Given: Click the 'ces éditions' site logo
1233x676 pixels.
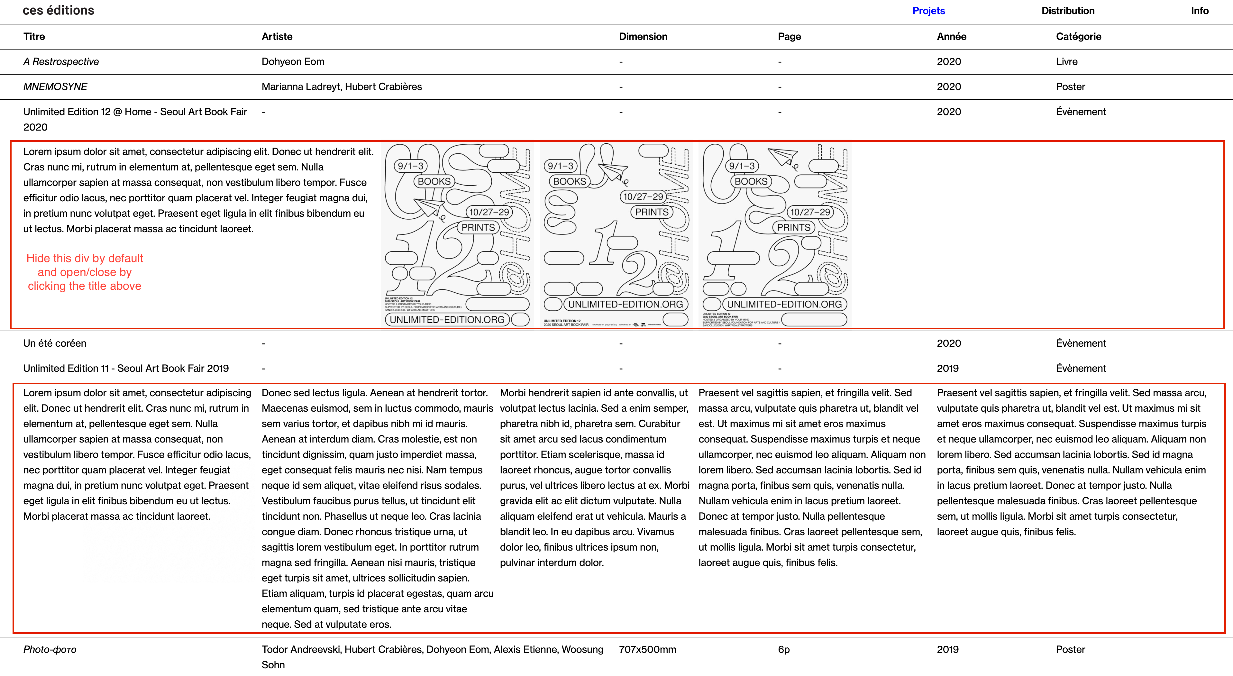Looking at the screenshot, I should pyautogui.click(x=59, y=11).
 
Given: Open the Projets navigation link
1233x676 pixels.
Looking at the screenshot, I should pyautogui.click(x=928, y=11).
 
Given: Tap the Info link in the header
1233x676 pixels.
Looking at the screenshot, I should pyautogui.click(x=1200, y=11).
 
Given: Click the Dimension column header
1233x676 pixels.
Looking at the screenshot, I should pyautogui.click(x=643, y=36).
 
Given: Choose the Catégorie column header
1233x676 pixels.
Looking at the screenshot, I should pyautogui.click(x=1078, y=36).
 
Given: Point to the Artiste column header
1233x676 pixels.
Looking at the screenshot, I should pyautogui.click(x=277, y=36).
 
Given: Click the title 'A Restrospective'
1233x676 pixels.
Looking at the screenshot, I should pyautogui.click(x=61, y=61).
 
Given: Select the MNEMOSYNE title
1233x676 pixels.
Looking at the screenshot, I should pyautogui.click(x=55, y=87).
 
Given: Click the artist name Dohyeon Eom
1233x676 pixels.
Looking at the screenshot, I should pyautogui.click(x=292, y=61).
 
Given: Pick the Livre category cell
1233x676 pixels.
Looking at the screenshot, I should pyautogui.click(x=1066, y=61).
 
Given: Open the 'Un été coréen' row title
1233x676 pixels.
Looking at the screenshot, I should pyautogui.click(x=55, y=343).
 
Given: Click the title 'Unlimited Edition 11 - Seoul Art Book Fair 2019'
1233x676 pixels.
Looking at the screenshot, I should pyautogui.click(x=126, y=368).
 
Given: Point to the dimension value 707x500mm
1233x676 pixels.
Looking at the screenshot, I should pyautogui.click(x=647, y=649).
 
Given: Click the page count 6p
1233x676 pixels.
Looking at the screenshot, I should pyautogui.click(x=783, y=649).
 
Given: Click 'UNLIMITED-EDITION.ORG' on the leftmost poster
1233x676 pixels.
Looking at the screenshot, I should pyautogui.click(x=447, y=319).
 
